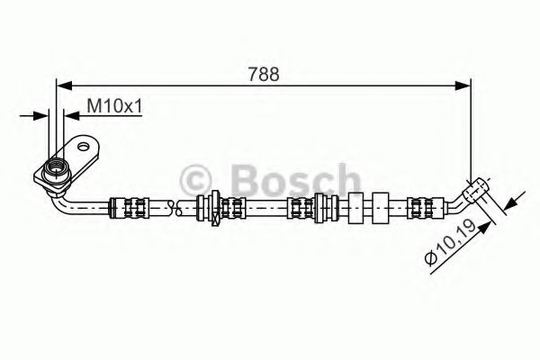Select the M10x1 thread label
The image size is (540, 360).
[115, 107]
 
